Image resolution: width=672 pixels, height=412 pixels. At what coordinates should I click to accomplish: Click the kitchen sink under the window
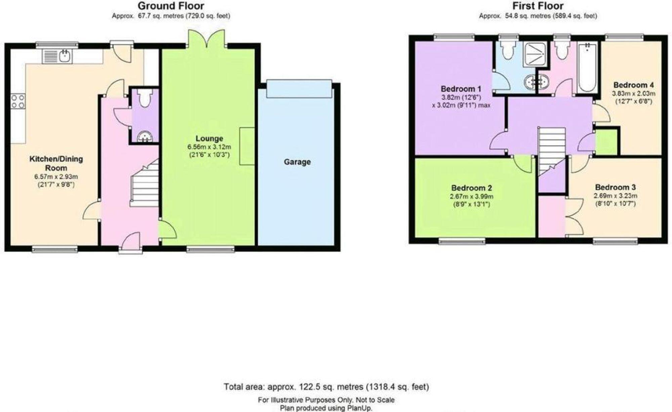56,56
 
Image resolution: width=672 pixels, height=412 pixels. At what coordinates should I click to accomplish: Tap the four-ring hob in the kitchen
18,101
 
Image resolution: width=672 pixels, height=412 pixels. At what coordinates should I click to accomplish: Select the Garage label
297,162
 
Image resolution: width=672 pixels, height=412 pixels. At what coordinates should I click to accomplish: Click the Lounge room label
209,138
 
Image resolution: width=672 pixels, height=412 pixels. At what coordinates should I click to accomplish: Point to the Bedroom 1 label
461,89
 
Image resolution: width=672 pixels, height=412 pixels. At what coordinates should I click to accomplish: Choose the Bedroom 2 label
472,188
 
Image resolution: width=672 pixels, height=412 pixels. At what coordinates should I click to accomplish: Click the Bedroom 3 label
616,187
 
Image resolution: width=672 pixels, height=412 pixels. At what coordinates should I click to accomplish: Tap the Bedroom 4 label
634,85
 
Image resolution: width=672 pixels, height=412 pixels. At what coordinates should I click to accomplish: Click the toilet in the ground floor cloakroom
145,98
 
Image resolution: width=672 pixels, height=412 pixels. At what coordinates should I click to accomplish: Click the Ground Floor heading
171,6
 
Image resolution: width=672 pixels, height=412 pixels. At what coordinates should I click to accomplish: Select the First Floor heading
538,6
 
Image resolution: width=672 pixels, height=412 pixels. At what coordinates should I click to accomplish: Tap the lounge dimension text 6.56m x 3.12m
209,147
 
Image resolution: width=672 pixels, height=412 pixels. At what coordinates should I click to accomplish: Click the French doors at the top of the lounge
207,39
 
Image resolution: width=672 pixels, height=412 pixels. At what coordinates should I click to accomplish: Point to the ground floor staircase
145,183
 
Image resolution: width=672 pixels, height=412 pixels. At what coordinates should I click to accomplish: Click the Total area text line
326,387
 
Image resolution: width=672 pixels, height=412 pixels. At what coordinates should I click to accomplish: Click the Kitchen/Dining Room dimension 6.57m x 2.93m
56,177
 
